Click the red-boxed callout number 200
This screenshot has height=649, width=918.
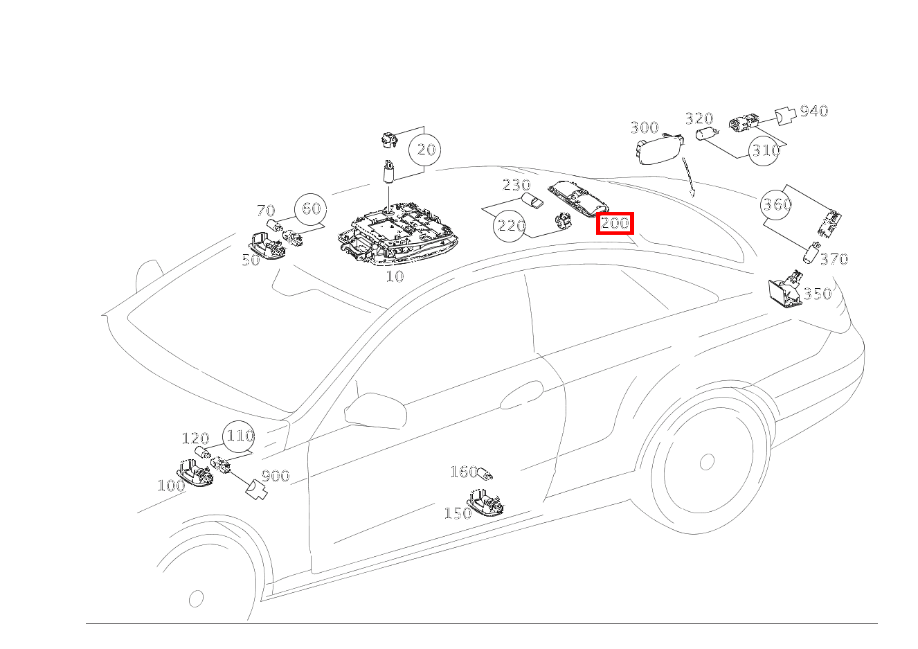[x=615, y=224]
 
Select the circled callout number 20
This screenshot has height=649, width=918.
[x=424, y=150]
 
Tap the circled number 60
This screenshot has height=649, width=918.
[x=311, y=209]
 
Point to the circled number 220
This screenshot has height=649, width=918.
[x=510, y=225]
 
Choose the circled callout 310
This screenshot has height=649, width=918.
[x=764, y=150]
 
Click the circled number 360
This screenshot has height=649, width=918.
[x=776, y=204]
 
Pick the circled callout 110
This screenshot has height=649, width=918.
[x=239, y=436]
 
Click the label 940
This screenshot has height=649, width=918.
[x=814, y=111]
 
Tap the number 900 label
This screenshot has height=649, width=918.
[x=276, y=476]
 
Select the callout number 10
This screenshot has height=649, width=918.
[x=395, y=276]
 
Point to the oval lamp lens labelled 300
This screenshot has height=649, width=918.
[x=659, y=149]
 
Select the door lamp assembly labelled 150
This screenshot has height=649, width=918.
[x=485, y=503]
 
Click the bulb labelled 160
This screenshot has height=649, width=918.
[x=485, y=474]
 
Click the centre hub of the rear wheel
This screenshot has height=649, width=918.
[x=707, y=461]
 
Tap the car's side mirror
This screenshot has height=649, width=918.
[x=375, y=411]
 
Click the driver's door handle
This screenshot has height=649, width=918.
[x=521, y=394]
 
